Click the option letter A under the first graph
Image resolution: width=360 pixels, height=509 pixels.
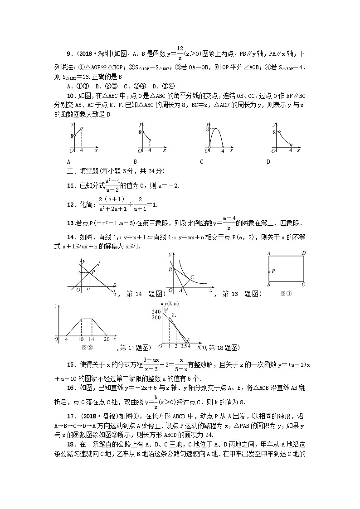68,161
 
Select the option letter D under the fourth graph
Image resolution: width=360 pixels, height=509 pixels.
268,161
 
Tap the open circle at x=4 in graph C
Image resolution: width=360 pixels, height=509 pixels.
223,147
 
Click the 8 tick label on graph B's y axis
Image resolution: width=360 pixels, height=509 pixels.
140,132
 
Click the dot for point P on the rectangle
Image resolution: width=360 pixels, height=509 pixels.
269,271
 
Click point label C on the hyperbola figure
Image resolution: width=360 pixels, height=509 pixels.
192,277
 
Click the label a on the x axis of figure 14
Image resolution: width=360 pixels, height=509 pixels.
88,288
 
